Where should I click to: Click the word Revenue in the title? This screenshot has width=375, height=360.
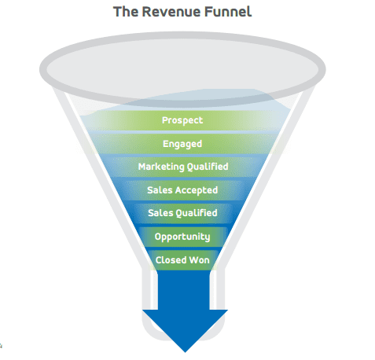click(x=171, y=12)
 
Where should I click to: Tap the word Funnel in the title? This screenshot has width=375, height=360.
click(x=228, y=12)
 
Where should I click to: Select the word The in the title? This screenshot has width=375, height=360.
click(x=126, y=12)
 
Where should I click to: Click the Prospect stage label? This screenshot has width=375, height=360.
click(x=182, y=120)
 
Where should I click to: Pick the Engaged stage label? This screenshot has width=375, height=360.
click(x=182, y=144)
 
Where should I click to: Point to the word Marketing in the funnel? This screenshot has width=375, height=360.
click(x=161, y=167)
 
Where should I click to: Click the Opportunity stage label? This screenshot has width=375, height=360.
click(x=182, y=237)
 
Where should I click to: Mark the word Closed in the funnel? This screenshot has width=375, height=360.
click(x=171, y=260)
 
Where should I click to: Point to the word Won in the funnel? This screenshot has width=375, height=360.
click(x=200, y=260)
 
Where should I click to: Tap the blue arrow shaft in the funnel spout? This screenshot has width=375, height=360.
click(x=184, y=289)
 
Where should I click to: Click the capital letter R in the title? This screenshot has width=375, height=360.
click(x=147, y=12)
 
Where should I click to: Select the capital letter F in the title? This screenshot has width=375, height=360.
click(x=208, y=12)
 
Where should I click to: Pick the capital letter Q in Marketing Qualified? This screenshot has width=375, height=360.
click(x=190, y=167)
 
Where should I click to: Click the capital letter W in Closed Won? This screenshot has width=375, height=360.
click(x=194, y=260)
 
